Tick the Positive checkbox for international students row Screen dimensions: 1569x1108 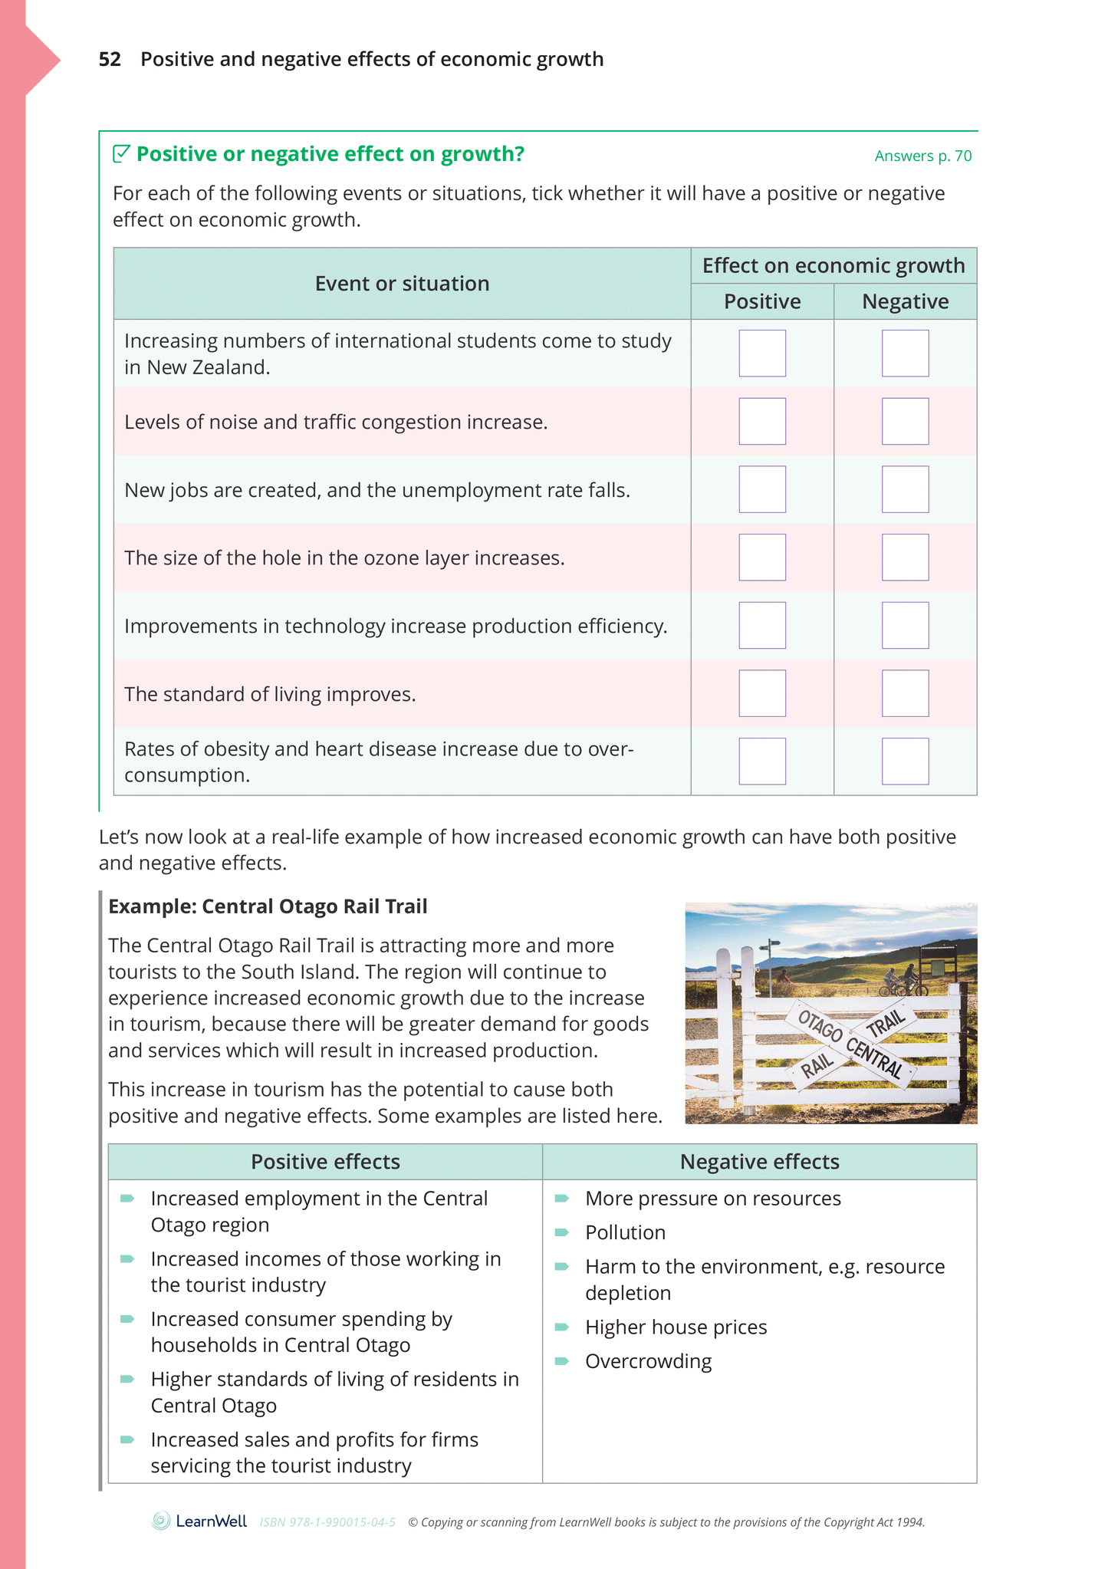tap(762, 354)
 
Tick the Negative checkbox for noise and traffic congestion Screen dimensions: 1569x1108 tap(905, 421)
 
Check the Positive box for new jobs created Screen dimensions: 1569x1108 tap(762, 489)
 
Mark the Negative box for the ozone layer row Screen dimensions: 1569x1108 tap(905, 558)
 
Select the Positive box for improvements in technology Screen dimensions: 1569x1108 tap(762, 625)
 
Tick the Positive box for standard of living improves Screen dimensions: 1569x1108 tap(762, 693)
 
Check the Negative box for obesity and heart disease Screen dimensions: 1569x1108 tap(905, 761)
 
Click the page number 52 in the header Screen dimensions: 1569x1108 tap(110, 60)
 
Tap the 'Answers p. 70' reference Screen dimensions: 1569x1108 tap(922, 156)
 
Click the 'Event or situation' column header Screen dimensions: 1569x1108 tap(402, 284)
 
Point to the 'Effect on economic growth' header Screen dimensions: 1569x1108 tap(833, 265)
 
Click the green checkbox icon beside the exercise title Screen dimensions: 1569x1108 tap(121, 154)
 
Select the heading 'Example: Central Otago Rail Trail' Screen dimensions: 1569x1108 tap(268, 906)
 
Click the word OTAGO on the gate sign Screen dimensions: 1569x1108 tap(820, 1026)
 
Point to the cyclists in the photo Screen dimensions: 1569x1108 tap(902, 982)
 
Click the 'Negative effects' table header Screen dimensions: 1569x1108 tap(759, 1162)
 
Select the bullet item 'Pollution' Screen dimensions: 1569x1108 tap(625, 1232)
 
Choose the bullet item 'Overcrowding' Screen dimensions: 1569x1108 tap(648, 1361)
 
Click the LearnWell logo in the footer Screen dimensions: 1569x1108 tap(199, 1521)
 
